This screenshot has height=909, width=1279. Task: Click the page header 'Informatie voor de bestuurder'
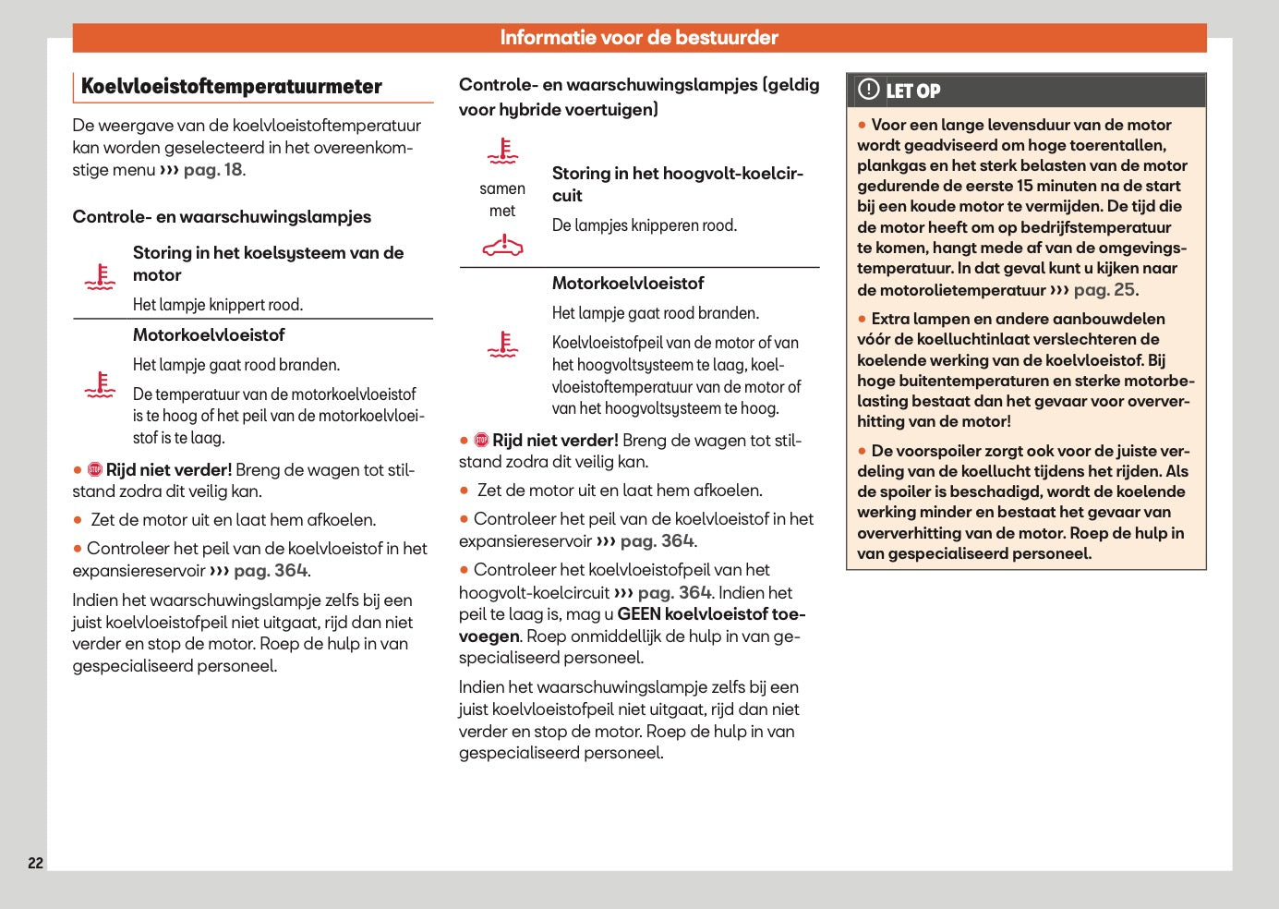(639, 38)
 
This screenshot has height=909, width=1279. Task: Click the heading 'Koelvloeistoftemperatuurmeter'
(231, 87)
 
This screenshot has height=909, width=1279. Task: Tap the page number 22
(35, 863)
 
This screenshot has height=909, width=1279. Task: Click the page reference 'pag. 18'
(212, 170)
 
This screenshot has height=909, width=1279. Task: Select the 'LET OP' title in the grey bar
(912, 91)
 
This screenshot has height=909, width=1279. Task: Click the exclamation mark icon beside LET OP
(868, 90)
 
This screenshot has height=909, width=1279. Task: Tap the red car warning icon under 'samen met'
(502, 246)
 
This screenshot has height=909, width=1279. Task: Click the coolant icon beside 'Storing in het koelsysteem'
(100, 276)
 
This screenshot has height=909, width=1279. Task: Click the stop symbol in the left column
(95, 470)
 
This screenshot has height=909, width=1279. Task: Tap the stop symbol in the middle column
(481, 441)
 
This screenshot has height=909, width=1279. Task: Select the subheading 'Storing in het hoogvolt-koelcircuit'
(677, 184)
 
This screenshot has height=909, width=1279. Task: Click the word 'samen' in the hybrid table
(502, 188)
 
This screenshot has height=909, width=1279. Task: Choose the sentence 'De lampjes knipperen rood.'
(644, 225)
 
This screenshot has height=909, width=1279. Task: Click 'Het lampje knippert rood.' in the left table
(217, 305)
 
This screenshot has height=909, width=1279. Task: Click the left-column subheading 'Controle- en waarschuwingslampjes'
(222, 217)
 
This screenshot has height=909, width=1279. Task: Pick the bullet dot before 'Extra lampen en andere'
(863, 320)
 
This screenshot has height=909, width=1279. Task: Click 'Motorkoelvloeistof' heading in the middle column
(627, 284)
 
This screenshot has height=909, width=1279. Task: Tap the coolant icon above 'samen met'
(502, 151)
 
